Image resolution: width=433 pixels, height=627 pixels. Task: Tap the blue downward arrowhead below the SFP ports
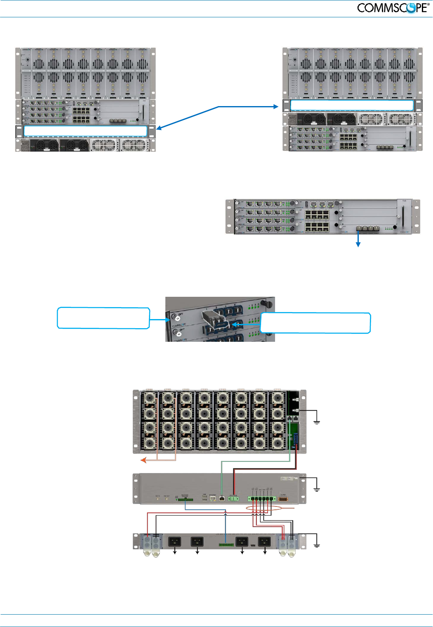pyautogui.click(x=358, y=244)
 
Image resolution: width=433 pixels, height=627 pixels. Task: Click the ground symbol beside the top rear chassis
pyautogui.click(x=317, y=422)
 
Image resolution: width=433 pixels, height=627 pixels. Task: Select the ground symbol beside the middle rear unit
pyautogui.click(x=317, y=490)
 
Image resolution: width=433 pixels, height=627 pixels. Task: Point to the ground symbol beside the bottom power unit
pyautogui.click(x=317, y=546)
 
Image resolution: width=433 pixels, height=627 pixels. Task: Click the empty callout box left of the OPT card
pyautogui.click(x=103, y=318)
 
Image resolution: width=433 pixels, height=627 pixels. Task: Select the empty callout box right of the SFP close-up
pyautogui.click(x=316, y=323)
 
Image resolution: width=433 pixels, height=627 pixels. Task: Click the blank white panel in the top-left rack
pyautogui.click(x=85, y=131)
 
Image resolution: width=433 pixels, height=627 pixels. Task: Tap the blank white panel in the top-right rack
pyautogui.click(x=352, y=105)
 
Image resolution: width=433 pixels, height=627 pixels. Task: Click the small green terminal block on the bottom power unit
pyautogui.click(x=226, y=545)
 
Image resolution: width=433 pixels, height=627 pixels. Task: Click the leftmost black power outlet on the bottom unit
pyautogui.click(x=175, y=541)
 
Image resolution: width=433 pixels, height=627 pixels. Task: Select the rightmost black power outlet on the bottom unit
pyautogui.click(x=264, y=541)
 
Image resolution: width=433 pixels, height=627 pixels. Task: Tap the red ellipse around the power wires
pyautogui.click(x=264, y=509)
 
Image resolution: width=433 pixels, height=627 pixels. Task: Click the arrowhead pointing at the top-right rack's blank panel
pyautogui.click(x=276, y=106)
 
